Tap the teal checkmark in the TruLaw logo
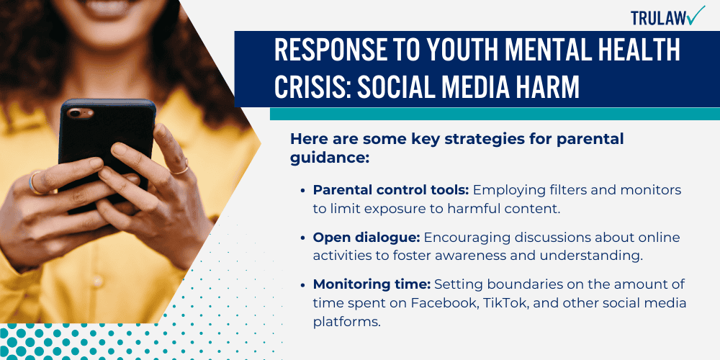coord(696,14)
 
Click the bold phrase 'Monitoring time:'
coord(361,284)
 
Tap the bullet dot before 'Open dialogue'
coord(302,238)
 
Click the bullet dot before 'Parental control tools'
coord(302,190)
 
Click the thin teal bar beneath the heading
coord(495,113)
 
